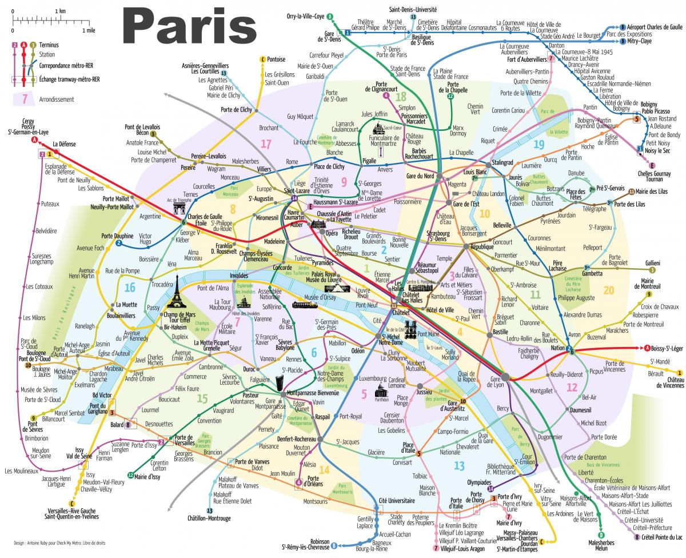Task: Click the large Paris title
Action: (x=189, y=26)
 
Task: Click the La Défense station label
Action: (x=63, y=144)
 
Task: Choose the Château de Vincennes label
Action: (x=667, y=382)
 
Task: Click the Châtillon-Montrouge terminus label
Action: (x=209, y=518)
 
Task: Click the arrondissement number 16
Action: (x=130, y=288)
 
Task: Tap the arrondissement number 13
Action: (x=459, y=466)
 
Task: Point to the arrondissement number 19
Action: (x=538, y=145)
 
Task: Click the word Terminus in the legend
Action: (x=49, y=45)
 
